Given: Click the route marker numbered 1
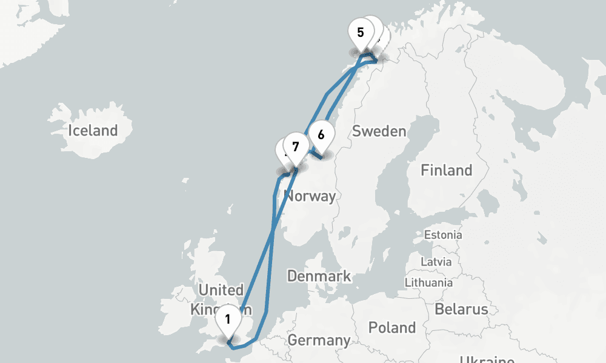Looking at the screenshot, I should pyautogui.click(x=228, y=318).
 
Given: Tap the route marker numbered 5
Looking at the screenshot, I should pyautogui.click(x=361, y=32).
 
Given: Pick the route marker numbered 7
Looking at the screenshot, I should pyautogui.click(x=295, y=146).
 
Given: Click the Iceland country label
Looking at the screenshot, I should pyautogui.click(x=93, y=130).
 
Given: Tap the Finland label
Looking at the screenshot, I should pyautogui.click(x=447, y=170).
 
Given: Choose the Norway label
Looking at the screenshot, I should pyautogui.click(x=310, y=196).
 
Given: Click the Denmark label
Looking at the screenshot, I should pyautogui.click(x=319, y=276).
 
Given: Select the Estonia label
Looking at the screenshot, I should pyautogui.click(x=443, y=235).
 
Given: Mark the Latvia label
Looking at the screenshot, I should pyautogui.click(x=438, y=262).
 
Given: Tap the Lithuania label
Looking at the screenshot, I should pyautogui.click(x=429, y=282).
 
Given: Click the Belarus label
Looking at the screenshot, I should pyautogui.click(x=461, y=309).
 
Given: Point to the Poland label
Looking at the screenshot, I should pyautogui.click(x=392, y=328).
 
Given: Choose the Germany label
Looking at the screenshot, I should pyautogui.click(x=319, y=340).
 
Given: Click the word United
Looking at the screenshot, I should pyautogui.click(x=221, y=290).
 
